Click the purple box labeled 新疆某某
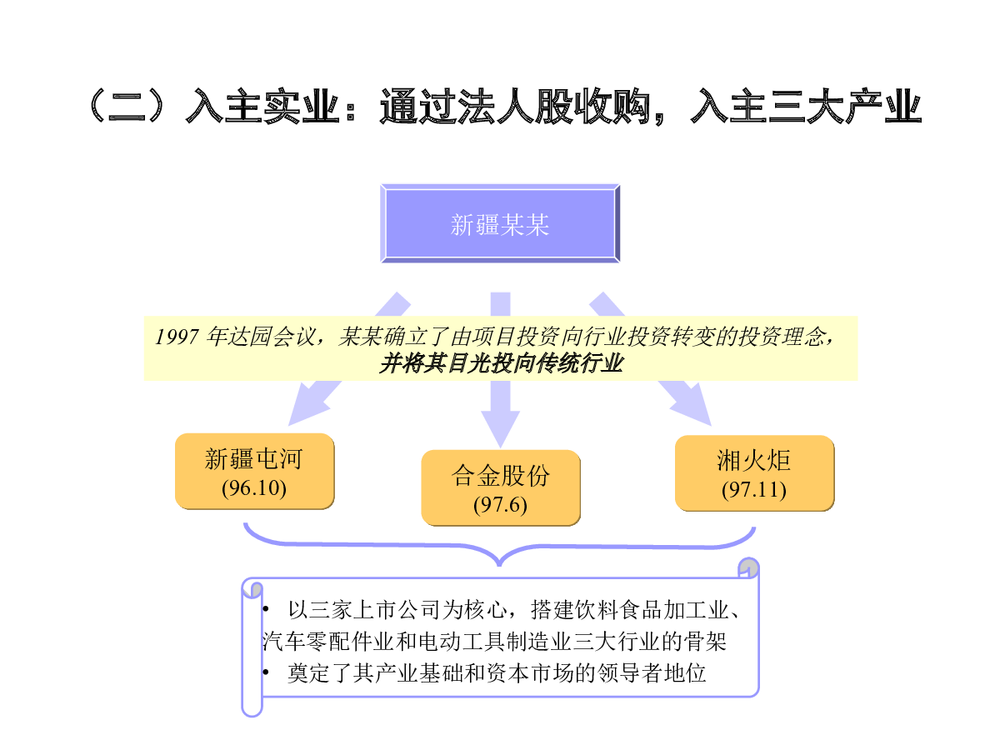(x=500, y=223)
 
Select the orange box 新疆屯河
(x=255, y=471)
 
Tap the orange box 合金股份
(x=501, y=487)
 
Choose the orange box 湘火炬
(x=754, y=473)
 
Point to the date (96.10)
(x=254, y=488)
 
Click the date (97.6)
(x=500, y=504)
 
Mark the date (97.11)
(x=754, y=490)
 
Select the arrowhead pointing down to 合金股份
(x=501, y=428)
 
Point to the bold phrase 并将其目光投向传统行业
(x=501, y=363)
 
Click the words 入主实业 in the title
(x=262, y=106)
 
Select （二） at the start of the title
(x=126, y=106)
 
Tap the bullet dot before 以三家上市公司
(x=266, y=609)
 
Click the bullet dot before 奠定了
(x=266, y=672)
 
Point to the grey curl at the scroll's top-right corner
(x=749, y=567)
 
